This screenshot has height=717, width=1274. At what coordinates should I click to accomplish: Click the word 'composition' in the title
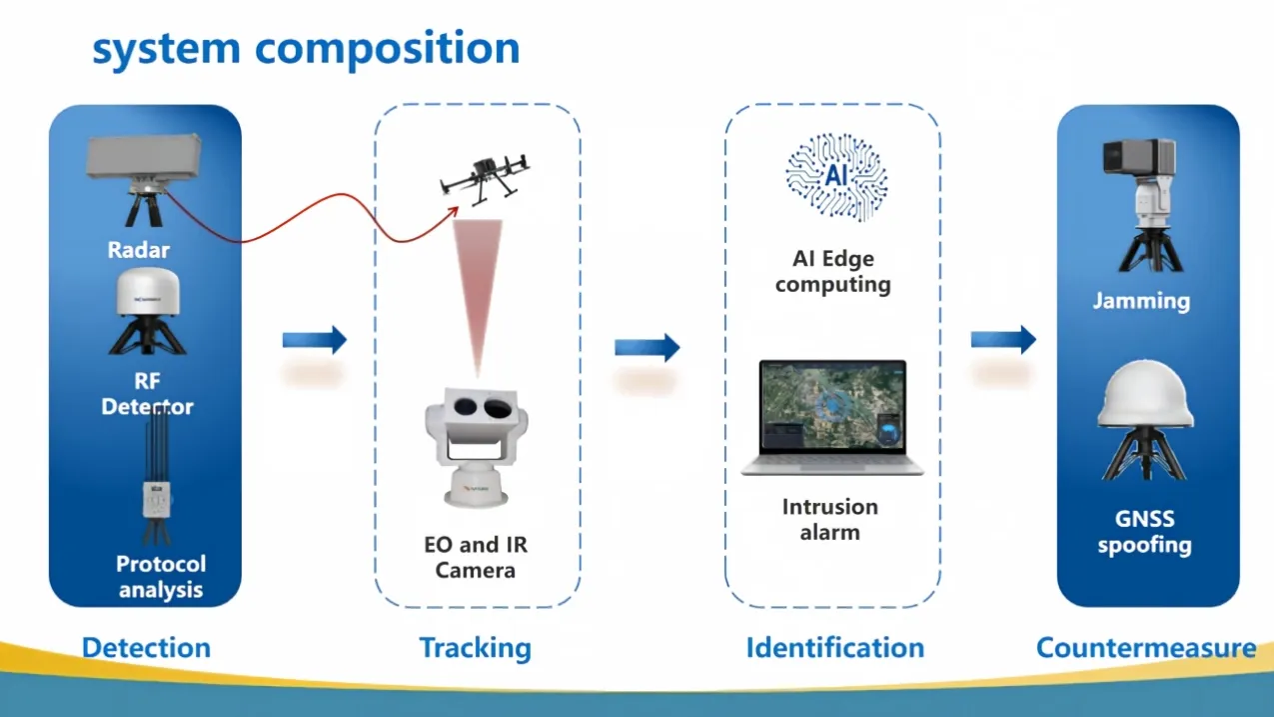tap(387, 50)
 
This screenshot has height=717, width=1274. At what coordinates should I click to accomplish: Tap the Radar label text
tap(138, 250)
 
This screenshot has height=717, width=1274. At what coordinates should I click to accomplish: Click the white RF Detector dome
tap(148, 291)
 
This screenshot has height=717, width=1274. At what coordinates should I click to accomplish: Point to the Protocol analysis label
tap(161, 576)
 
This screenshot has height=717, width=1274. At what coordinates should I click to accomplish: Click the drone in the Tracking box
tap(485, 178)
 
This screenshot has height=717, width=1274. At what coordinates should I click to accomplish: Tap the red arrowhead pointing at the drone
tap(453, 213)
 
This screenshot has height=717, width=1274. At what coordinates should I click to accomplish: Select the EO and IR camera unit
tap(476, 447)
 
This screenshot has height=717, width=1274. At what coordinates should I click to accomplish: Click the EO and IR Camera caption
tap(476, 557)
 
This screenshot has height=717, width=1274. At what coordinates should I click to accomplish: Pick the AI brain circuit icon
tap(836, 176)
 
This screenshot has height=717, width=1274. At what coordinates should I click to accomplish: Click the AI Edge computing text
tap(833, 271)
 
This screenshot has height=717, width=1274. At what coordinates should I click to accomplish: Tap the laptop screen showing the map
tap(832, 406)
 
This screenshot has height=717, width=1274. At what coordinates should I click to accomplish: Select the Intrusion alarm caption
tap(829, 519)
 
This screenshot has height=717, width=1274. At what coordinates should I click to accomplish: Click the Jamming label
tap(1141, 301)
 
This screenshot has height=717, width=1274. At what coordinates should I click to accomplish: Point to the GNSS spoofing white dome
tap(1145, 393)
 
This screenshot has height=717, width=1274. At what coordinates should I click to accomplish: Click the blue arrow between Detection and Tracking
tap(315, 340)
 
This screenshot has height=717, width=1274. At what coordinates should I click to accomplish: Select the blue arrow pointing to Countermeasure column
tap(1003, 340)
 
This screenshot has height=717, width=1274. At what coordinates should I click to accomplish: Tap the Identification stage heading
tap(835, 648)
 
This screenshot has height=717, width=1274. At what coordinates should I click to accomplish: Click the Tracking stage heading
tap(476, 648)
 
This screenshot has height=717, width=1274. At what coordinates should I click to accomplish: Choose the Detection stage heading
tap(146, 648)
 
